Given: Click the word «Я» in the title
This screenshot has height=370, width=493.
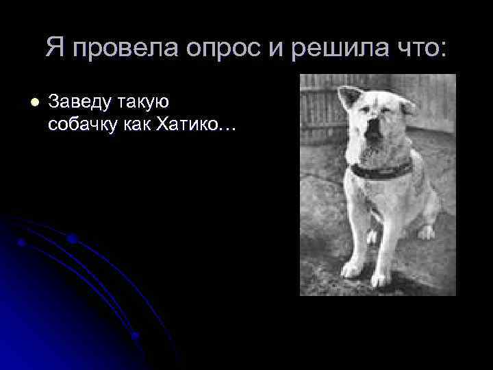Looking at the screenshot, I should (x=55, y=47).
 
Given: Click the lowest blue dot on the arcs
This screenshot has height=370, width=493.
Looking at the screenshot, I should (x=136, y=336).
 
